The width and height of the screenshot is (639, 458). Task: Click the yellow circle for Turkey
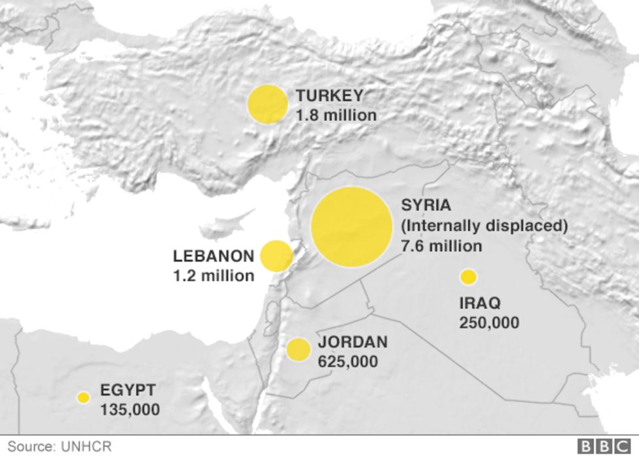click(268, 104)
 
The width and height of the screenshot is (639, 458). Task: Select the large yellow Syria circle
click(352, 227)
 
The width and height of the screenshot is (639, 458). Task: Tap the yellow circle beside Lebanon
click(276, 256)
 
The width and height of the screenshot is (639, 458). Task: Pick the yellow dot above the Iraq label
click(468, 277)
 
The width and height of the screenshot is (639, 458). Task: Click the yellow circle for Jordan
click(299, 350)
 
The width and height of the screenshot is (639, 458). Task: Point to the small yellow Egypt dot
click(83, 397)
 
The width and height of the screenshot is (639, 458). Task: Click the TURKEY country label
click(329, 96)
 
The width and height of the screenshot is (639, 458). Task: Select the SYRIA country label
click(426, 205)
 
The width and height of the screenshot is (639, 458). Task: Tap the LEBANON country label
click(213, 256)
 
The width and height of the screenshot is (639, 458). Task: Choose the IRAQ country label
click(480, 304)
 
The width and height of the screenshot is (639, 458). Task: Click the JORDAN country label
click(352, 342)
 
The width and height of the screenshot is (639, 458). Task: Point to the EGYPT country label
click(128, 391)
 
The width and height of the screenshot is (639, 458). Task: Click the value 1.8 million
click(336, 115)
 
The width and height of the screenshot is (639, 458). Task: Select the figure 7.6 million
click(441, 247)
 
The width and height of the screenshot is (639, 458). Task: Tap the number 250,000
click(489, 323)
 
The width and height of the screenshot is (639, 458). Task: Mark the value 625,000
click(348, 361)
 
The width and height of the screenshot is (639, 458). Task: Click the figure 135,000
click(130, 410)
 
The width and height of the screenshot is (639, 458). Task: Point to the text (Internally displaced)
click(484, 226)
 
